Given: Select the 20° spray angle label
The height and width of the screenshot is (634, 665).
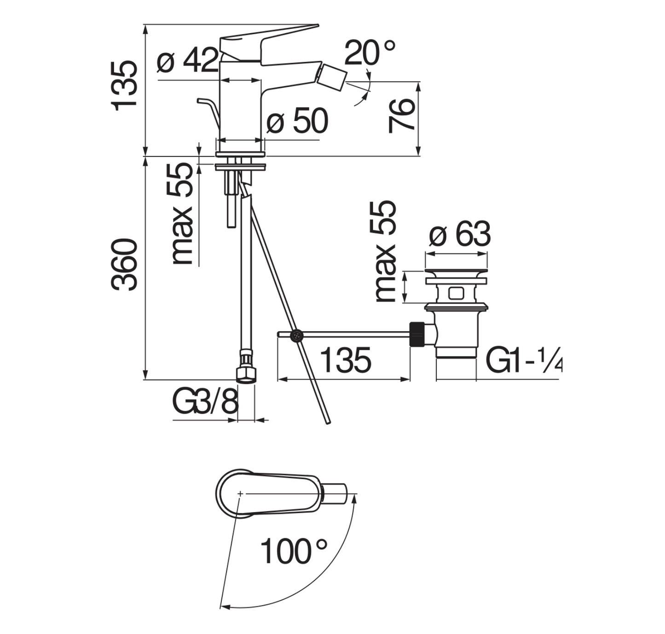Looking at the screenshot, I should (x=369, y=53).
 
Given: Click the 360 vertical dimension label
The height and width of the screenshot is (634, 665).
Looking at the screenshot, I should (x=125, y=265).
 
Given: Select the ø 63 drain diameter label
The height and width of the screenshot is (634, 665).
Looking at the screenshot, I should (x=460, y=235).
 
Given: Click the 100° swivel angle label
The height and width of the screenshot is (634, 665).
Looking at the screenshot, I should (x=294, y=551).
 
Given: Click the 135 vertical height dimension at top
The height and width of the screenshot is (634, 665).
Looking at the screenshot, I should (x=125, y=85).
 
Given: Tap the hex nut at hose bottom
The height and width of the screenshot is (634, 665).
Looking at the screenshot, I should (x=245, y=374).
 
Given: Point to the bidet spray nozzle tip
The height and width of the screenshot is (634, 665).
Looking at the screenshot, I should (x=334, y=76).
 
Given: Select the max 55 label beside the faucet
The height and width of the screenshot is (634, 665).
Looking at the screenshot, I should (x=182, y=214).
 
